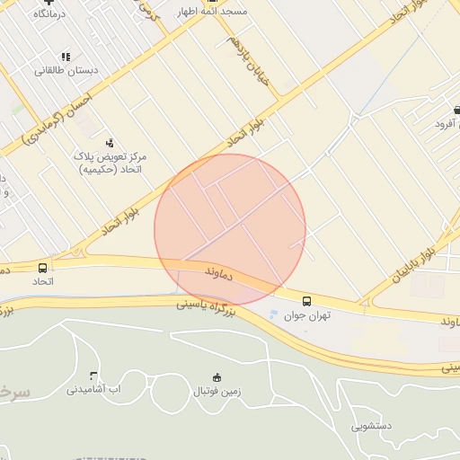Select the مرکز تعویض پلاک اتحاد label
(111, 163)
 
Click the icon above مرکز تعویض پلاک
(110, 141)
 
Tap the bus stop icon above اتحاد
(43, 268)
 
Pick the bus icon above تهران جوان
(307, 301)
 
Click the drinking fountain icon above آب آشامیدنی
(93, 375)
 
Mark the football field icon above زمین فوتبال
(216, 377)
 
